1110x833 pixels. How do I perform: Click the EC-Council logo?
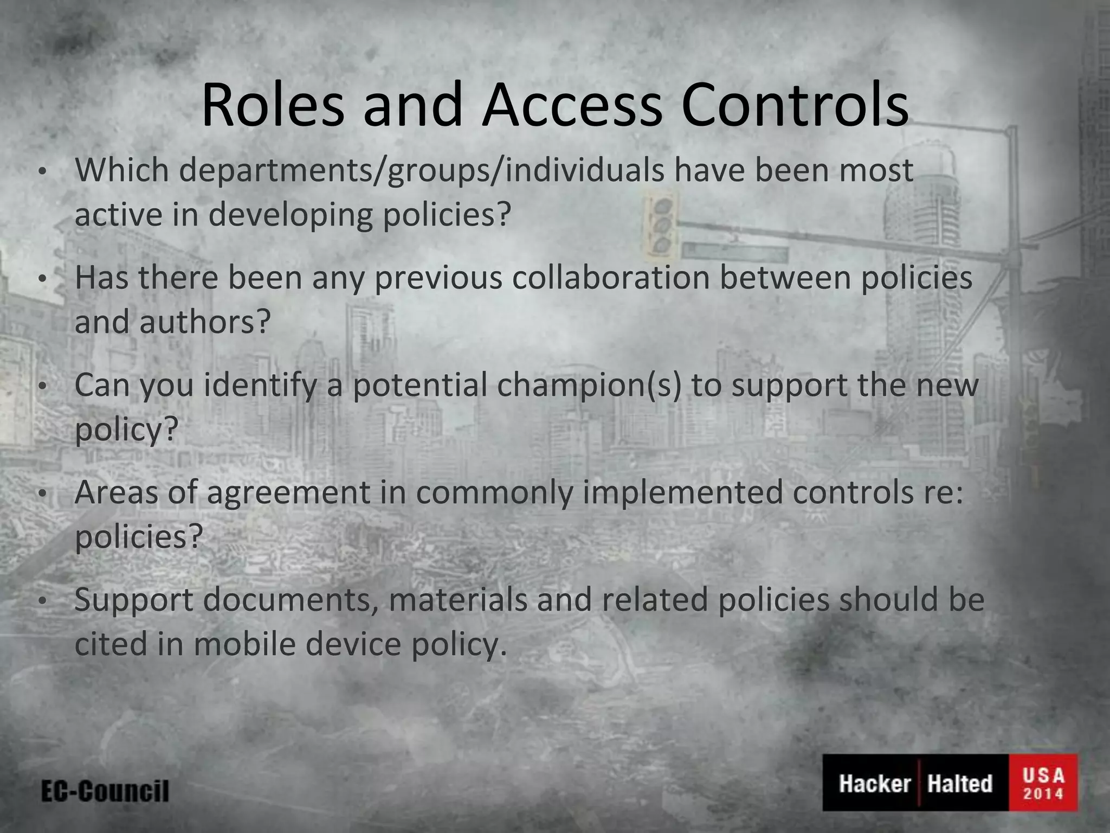105,791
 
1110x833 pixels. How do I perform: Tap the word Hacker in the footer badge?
875,784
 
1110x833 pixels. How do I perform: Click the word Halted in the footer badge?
959,784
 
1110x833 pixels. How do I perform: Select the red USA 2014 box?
1043,783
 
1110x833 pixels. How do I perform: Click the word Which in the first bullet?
122,170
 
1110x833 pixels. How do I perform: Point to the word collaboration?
611,277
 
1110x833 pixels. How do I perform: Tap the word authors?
205,322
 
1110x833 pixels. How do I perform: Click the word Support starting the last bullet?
134,599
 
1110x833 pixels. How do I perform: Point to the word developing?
290,214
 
